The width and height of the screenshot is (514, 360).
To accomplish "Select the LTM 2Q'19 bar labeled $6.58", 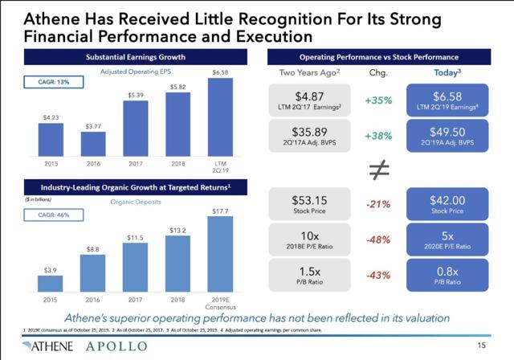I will pos(219,117).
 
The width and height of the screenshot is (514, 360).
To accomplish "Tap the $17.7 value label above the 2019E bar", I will pos(219,211).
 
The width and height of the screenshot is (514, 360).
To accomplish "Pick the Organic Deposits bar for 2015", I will pos(50,280).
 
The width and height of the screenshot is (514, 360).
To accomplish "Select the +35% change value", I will pos(377,102).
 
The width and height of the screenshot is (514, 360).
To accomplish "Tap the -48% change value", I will pos(377,240).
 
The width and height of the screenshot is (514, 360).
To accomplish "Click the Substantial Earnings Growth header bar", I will pos(135,56).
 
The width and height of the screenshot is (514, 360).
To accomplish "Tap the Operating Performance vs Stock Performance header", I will pos(378,56).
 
